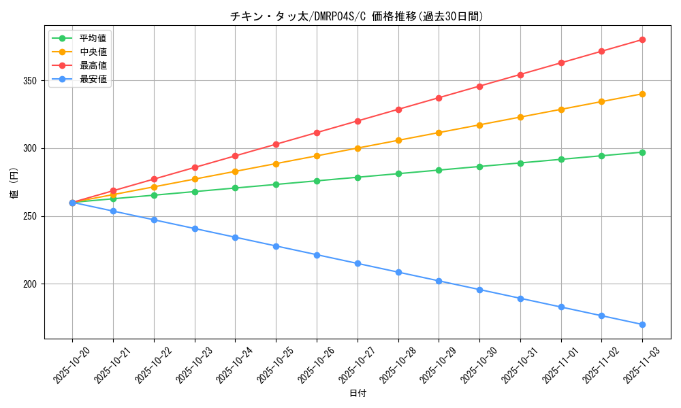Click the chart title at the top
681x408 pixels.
click(358, 16)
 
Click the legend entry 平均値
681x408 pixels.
click(93, 38)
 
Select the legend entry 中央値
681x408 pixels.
click(93, 52)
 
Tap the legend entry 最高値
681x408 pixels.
click(93, 65)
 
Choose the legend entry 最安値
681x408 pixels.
click(93, 79)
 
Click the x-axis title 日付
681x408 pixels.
click(358, 394)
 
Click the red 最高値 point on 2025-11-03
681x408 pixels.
click(642, 39)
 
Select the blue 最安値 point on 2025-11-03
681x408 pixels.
click(642, 324)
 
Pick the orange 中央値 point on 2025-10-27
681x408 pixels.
click(358, 148)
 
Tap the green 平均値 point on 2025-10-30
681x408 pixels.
click(479, 167)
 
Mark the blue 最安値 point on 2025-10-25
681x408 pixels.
click(276, 246)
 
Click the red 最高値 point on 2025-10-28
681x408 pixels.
click(398, 109)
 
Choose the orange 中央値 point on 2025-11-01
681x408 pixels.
click(561, 109)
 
